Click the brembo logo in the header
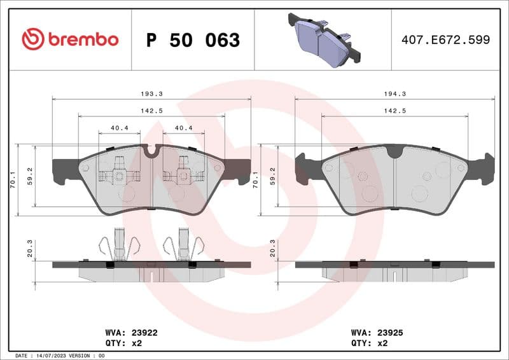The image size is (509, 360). pyautogui.click(x=70, y=39)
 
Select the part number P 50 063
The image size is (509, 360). pyautogui.click(x=193, y=40)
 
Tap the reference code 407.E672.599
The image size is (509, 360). pyautogui.click(x=445, y=39)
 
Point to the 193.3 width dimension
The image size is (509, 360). pyautogui.click(x=150, y=93)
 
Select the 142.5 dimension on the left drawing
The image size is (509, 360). pyautogui.click(x=151, y=111)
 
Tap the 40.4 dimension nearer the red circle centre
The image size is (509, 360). pyautogui.click(x=183, y=128)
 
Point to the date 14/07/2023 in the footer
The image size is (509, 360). pyautogui.click(x=61, y=356)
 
